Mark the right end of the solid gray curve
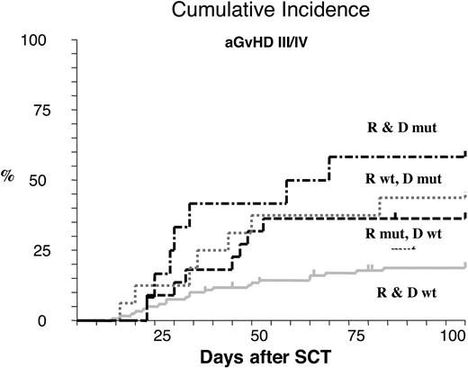coord(464,265)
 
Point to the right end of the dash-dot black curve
coord(464,154)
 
